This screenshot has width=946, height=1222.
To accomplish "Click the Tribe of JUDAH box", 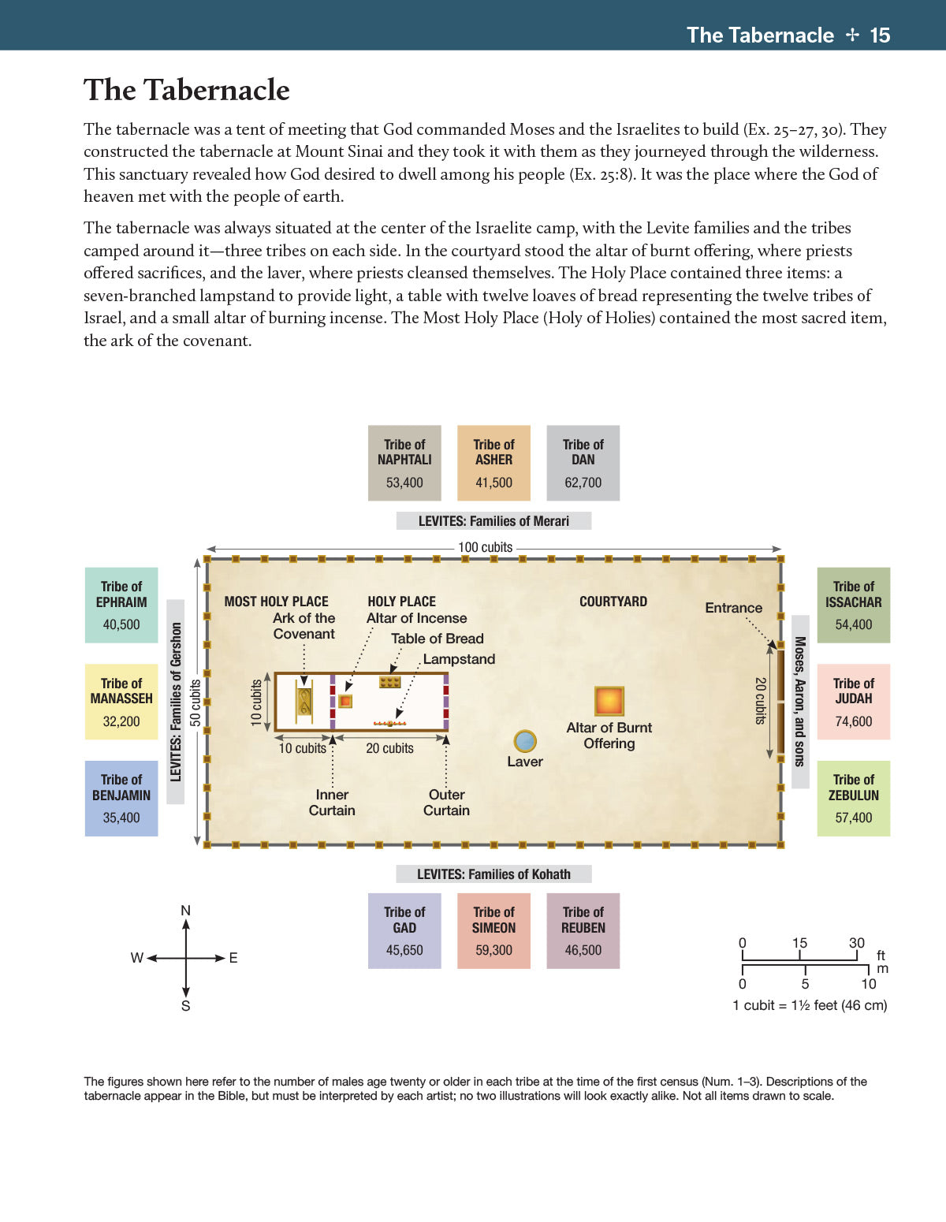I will point(853,702).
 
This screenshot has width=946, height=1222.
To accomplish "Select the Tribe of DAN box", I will point(583,463).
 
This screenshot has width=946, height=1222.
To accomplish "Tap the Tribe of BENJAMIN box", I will point(121,798).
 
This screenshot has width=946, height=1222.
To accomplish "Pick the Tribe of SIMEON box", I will point(493,930).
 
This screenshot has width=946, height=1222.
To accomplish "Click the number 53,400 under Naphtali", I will point(404,482).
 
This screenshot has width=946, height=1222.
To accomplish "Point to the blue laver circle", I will point(525,741).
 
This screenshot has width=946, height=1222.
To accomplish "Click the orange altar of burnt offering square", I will point(609,700).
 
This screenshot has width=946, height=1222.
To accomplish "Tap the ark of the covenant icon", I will point(304,702).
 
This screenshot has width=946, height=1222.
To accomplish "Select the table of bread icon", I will point(390,682).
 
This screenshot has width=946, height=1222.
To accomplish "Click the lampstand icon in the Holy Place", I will point(389,723).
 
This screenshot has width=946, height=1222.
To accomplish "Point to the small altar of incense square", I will point(345,701).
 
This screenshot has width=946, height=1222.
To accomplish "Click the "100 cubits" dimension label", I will point(486,547).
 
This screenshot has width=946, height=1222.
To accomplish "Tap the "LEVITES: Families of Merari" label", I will point(493,521).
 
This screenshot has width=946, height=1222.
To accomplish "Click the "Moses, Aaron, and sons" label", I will point(799,702).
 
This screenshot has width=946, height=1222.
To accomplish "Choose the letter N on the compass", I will point(185,911).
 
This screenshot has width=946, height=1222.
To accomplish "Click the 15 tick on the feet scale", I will point(799,944).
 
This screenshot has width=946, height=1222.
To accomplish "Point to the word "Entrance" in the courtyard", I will point(733,608).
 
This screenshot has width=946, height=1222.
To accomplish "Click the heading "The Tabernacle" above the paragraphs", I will point(187,90).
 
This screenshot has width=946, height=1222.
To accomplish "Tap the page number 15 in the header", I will point(880,35).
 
